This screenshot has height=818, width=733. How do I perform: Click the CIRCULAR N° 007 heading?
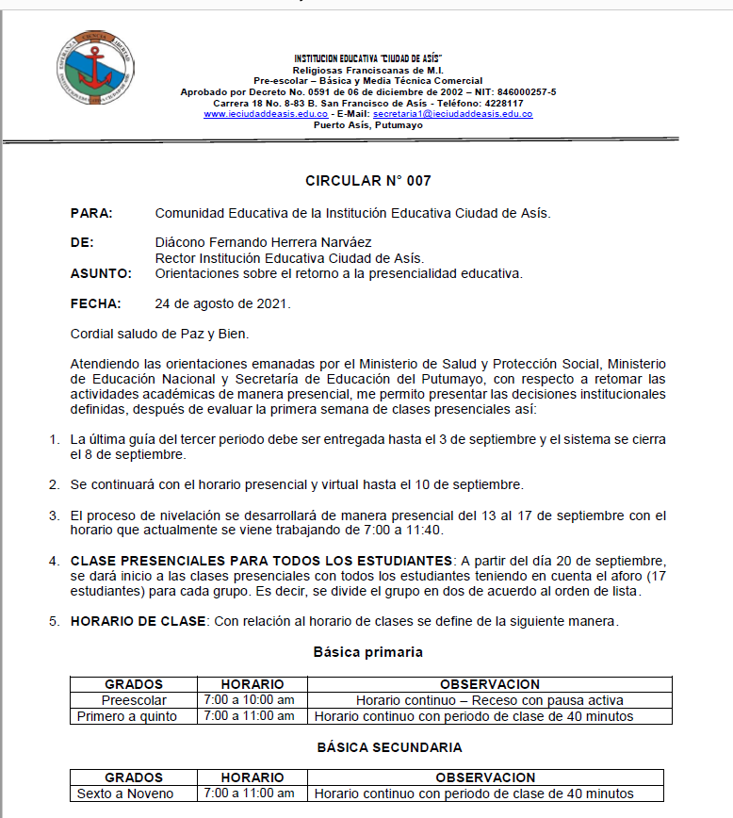click(x=367, y=180)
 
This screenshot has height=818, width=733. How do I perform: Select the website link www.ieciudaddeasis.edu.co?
click(x=266, y=114)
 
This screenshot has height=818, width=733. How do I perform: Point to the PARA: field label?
click(x=91, y=213)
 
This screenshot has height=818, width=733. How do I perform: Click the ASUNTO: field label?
click(x=101, y=273)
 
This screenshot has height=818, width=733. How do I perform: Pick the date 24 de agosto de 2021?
click(x=222, y=303)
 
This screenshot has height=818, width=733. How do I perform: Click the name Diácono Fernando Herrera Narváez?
click(x=263, y=243)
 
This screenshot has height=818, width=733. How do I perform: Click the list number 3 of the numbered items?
click(x=55, y=515)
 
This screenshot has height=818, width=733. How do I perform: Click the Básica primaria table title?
click(x=367, y=651)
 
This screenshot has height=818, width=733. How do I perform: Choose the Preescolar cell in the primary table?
click(x=133, y=700)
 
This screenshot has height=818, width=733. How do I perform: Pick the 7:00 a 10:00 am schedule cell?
click(x=249, y=700)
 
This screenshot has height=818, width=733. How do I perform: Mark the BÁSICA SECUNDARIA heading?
click(x=389, y=747)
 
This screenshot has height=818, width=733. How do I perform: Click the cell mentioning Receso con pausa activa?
click(x=490, y=700)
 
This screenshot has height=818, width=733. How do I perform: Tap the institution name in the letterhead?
click(x=368, y=59)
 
